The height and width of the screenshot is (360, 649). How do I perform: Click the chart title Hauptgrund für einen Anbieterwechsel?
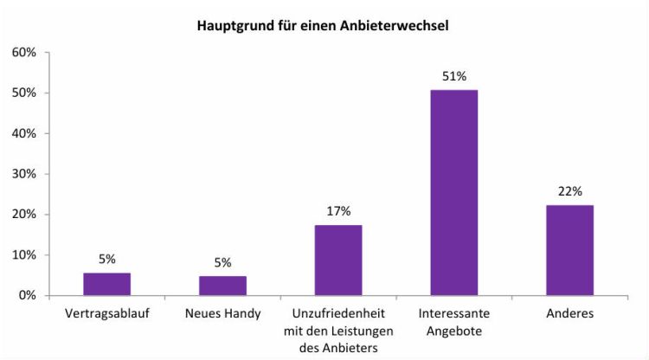324,26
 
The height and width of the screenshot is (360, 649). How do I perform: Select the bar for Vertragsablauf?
106,284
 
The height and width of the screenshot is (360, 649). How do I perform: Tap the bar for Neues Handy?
222,286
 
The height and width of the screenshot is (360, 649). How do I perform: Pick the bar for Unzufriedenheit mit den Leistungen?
338,260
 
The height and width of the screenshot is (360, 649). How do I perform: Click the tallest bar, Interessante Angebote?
453,193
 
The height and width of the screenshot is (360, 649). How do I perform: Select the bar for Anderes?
569,250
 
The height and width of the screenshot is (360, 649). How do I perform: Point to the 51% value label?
453,75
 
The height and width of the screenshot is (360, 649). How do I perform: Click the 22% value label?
569,190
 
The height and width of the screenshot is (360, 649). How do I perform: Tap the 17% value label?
338,210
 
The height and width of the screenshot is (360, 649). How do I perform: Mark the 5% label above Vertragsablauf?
106,258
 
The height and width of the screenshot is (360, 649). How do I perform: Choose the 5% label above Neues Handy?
222,262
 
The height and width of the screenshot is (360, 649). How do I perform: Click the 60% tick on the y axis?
23,53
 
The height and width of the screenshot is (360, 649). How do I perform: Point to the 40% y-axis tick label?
23,134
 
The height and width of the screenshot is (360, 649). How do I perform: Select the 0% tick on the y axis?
27,296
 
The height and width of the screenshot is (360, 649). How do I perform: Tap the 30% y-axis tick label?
23,174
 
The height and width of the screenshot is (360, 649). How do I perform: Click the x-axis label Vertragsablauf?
106,313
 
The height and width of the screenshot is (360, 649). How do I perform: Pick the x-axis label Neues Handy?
222,313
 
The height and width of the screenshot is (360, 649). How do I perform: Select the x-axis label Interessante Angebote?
453,321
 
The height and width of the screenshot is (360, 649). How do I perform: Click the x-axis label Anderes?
569,313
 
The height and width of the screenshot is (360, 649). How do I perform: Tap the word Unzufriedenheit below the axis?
338,313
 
